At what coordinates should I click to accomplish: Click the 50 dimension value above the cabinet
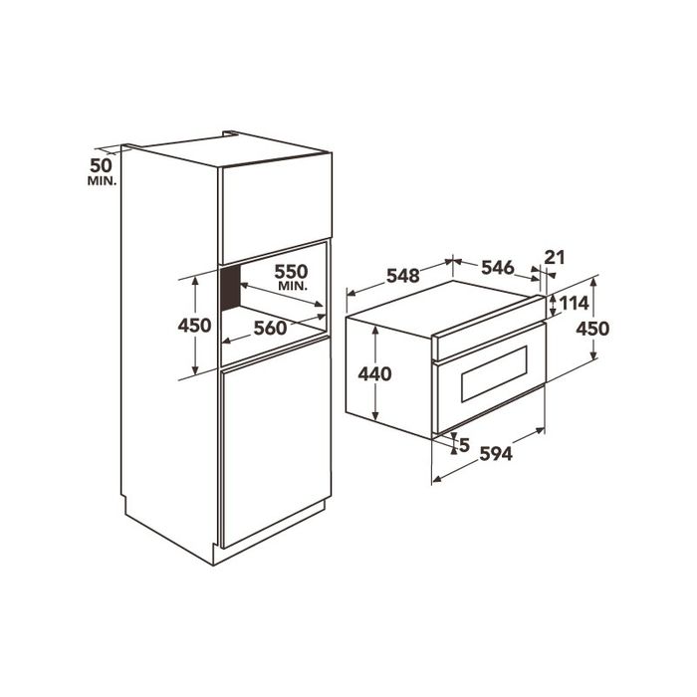[x=101, y=165]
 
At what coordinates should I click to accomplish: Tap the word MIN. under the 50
[x=103, y=181]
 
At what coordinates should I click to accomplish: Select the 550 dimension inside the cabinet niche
[x=291, y=271]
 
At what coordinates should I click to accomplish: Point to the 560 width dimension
[x=270, y=328]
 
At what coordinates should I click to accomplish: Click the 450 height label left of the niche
[x=194, y=326]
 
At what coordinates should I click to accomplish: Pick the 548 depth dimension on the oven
[x=403, y=276]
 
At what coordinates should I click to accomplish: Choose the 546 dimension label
[x=498, y=268]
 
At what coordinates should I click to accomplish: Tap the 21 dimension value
[x=555, y=257]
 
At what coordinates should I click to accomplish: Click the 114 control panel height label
[x=574, y=303]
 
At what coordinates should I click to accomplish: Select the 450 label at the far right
[x=592, y=329]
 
